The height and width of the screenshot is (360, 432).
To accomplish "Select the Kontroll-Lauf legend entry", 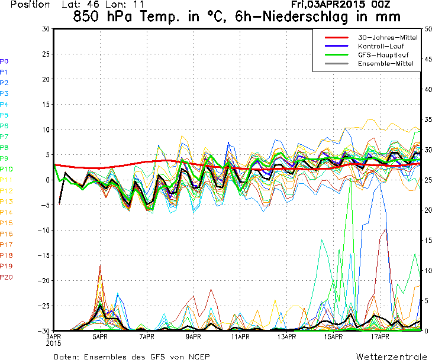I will [379, 46].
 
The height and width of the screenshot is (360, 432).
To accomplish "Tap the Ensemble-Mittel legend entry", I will [382, 63].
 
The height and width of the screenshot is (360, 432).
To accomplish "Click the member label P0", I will [4, 61].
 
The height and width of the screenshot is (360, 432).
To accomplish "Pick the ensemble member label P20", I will [6, 277].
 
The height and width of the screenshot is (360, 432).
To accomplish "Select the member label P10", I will [6, 169].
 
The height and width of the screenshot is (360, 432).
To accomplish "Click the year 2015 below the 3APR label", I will [54, 343].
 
